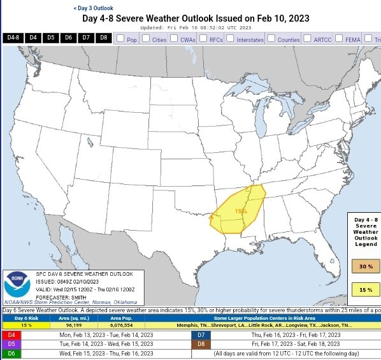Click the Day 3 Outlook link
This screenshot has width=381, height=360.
coord(94,8)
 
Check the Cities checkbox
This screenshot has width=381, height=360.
coord(146,39)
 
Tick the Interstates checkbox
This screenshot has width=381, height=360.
coord(231,39)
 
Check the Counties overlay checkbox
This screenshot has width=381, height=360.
coord(271,39)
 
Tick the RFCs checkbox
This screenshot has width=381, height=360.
coord(203,39)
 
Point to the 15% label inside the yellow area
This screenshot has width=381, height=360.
coord(241,211)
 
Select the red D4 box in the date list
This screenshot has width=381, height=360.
coord(11,335)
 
